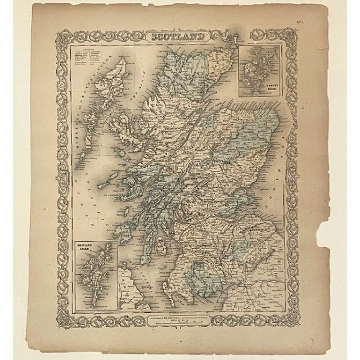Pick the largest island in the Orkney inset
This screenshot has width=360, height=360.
pyautogui.click(x=256, y=67)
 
